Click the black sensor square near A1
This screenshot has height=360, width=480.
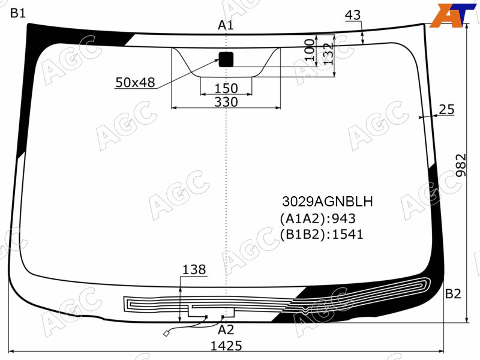(x=226, y=59)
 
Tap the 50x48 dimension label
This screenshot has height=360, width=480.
(x=135, y=82)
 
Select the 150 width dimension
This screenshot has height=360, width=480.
(x=226, y=88)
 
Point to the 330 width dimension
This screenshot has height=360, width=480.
(x=226, y=101)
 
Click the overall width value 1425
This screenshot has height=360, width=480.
(x=226, y=346)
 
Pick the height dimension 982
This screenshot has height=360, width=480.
(x=460, y=166)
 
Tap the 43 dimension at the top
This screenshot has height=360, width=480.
(x=353, y=15)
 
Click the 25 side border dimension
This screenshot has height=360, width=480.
(x=446, y=109)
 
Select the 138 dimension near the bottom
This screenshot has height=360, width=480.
(x=194, y=269)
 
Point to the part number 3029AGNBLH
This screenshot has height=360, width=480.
(x=327, y=202)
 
